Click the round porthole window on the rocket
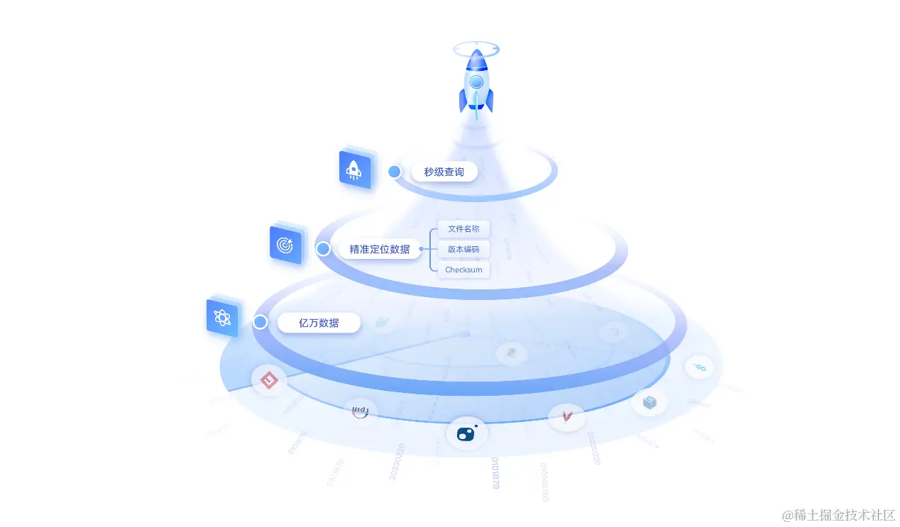click(476, 82)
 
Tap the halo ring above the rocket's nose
click(476, 50)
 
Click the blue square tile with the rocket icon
click(355, 170)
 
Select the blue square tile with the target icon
click(286, 245)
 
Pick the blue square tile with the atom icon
click(222, 318)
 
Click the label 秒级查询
click(444, 172)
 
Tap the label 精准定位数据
click(379, 249)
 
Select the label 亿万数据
click(319, 323)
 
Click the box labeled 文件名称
click(463, 229)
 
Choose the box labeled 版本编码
click(463, 249)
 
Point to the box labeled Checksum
click(463, 270)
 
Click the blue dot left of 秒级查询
click(395, 172)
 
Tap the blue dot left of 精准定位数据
click(323, 249)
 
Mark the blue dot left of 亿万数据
click(260, 322)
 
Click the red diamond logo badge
click(269, 381)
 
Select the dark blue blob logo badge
click(466, 433)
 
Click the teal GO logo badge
click(699, 367)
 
